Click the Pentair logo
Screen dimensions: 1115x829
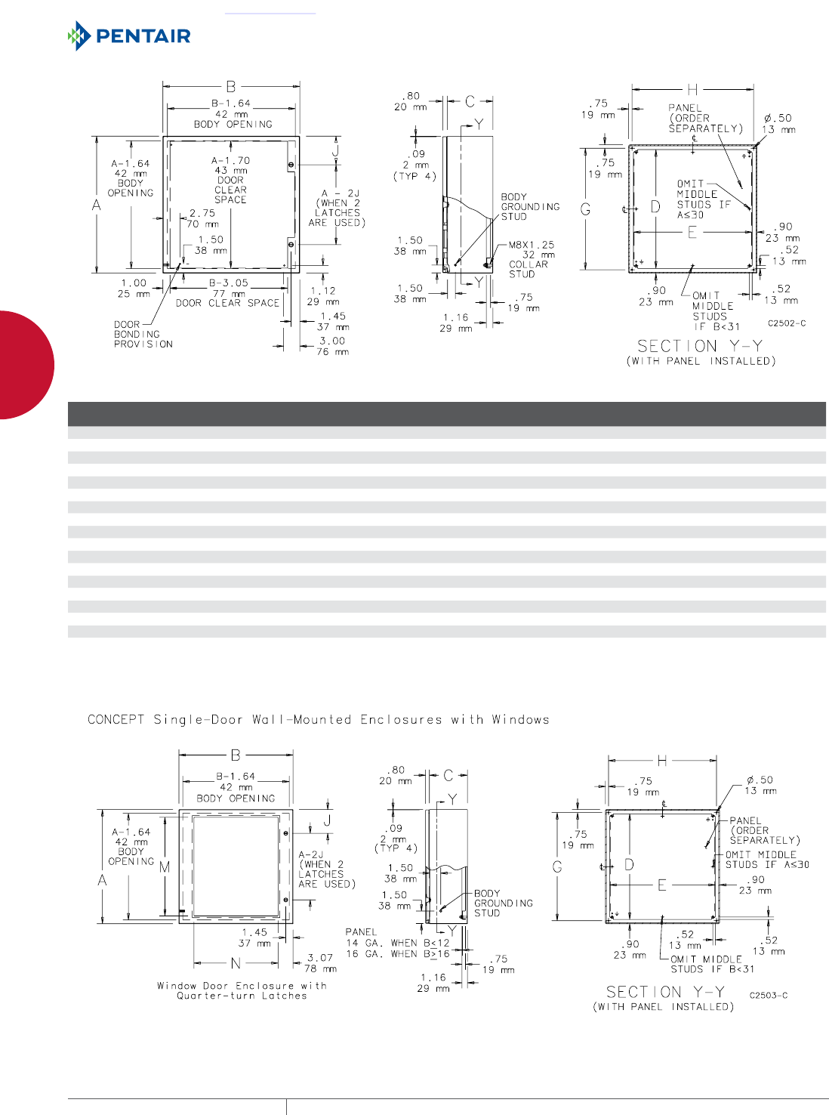(x=129, y=36)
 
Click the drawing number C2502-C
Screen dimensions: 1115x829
(x=787, y=323)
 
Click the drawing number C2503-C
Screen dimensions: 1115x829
(x=768, y=995)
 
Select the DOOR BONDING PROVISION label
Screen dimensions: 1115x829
(x=143, y=334)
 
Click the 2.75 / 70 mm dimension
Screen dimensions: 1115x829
(x=202, y=218)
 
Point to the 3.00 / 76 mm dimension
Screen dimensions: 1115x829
(x=331, y=346)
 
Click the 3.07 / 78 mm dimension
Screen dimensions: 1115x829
(x=320, y=962)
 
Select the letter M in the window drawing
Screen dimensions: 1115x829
(x=165, y=866)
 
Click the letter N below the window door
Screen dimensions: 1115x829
(x=236, y=963)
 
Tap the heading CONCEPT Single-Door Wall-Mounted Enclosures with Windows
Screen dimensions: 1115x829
(x=318, y=719)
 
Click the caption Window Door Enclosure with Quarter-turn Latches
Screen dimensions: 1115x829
(x=242, y=990)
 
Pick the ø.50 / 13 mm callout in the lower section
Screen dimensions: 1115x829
(x=760, y=785)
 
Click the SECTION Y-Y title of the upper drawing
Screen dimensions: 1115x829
(x=700, y=346)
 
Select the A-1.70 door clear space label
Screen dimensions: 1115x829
(x=230, y=180)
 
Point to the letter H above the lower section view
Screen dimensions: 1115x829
(x=661, y=761)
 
